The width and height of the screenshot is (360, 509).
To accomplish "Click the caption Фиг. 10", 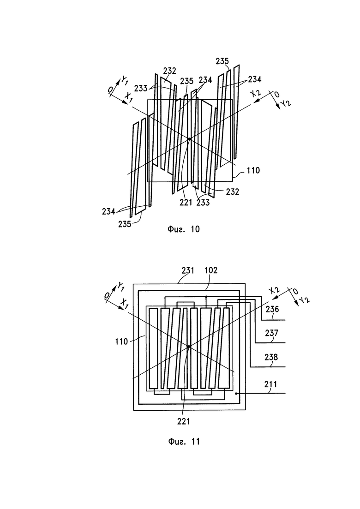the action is click(183, 229).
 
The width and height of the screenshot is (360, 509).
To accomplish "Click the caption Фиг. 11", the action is click(184, 442).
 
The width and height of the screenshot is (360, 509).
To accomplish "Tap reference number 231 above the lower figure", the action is click(188, 270).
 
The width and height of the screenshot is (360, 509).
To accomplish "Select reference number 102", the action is click(211, 270).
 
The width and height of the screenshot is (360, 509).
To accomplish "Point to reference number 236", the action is click(272, 309).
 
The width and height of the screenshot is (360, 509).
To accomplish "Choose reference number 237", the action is click(272, 333).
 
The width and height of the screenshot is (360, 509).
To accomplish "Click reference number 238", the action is click(271, 357).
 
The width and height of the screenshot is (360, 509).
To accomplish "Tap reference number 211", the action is click(271, 384).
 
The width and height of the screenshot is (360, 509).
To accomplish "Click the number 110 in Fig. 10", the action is click(253, 170).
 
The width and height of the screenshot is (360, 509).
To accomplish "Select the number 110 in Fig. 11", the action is click(121, 341).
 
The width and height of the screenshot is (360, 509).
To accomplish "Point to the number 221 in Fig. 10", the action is click(186, 203).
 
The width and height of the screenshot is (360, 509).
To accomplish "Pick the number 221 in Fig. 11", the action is click(184, 421).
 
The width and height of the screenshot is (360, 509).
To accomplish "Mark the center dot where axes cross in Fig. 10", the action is click(189, 139).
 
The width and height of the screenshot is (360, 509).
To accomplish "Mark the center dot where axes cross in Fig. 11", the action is click(189, 347).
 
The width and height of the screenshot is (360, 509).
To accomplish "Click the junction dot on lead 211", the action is click(236, 394).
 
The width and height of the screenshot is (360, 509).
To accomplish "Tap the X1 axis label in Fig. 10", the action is click(129, 97).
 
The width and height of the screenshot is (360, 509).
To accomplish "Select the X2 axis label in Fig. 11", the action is click(274, 290).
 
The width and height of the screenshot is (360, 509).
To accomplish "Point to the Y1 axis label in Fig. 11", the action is click(120, 286).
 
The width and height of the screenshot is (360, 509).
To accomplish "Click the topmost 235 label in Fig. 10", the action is click(222, 61).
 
